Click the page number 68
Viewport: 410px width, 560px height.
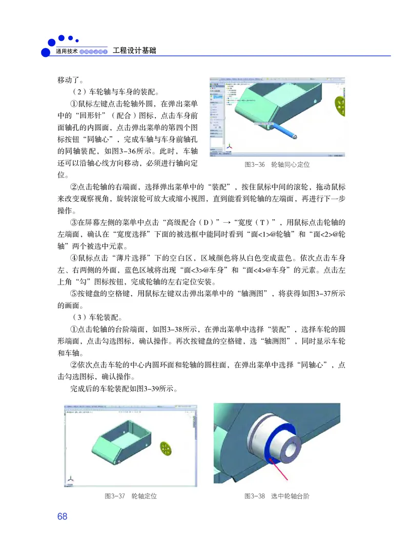63,516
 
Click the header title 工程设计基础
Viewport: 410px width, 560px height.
134,51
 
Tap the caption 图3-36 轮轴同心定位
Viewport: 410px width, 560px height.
277,165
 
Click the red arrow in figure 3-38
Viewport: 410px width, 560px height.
280,466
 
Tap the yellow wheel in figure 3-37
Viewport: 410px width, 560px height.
166,448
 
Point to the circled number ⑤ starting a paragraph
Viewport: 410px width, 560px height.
73,294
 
